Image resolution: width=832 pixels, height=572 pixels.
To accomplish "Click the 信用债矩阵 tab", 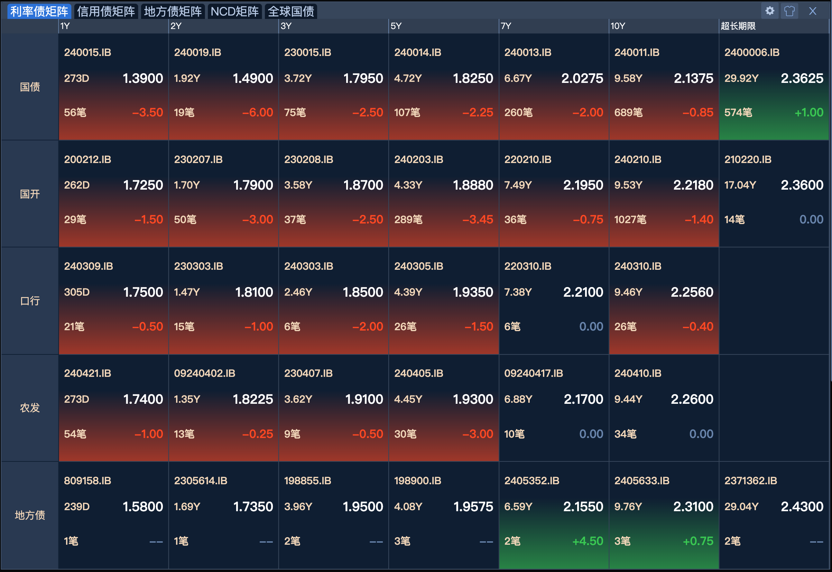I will pos(106,11).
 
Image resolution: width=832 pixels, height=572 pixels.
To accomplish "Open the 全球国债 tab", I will pos(290,11).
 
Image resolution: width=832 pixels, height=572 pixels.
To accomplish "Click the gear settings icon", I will pos(769,11).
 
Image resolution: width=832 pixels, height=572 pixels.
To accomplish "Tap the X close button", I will pos(813,11).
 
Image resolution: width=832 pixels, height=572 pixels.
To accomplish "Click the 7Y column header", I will pos(506,26).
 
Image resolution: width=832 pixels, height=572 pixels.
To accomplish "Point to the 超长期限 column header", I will pos(738,26).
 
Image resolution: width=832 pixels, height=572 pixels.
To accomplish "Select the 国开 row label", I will pos(30,194).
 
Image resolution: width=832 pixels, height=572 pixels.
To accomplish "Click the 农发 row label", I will pos(30,408).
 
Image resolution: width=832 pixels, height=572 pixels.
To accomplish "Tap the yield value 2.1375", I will pos(693,78).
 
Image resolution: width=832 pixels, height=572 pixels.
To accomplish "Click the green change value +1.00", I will pos(809,113).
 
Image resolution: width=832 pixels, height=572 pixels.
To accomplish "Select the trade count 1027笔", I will pos(630,219).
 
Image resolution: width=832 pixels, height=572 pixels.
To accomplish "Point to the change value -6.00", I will pos(258,113).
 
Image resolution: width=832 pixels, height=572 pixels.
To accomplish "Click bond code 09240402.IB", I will pos(204,373).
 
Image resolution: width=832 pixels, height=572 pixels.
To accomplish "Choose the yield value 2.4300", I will pos(802,506).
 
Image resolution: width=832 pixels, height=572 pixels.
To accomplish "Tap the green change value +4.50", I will pos(588,541).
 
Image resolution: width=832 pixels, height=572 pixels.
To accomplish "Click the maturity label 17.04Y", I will pos(740,185).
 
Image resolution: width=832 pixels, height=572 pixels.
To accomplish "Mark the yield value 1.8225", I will pos(253,399).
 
